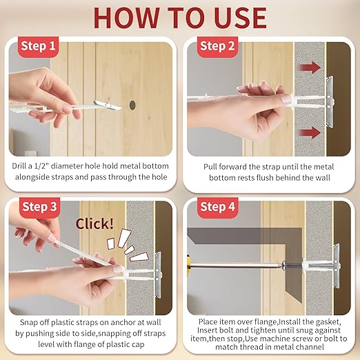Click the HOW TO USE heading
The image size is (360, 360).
[x=180, y=18]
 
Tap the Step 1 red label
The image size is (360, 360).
[x=38, y=46]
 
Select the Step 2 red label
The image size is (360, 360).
[x=217, y=46]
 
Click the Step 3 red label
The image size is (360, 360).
[x=39, y=207]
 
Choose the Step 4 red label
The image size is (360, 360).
[x=217, y=207]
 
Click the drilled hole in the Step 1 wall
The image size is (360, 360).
[x=132, y=105]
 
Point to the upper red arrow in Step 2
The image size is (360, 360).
[x=310, y=68]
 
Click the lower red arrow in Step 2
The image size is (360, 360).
[x=310, y=132]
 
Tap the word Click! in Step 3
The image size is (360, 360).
[x=94, y=223]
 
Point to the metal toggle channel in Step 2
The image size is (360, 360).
[x=330, y=101]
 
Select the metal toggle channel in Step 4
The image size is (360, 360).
[x=337, y=266]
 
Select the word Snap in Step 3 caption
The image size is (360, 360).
[x=28, y=322]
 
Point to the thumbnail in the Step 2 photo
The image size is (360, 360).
[x=286, y=99]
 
